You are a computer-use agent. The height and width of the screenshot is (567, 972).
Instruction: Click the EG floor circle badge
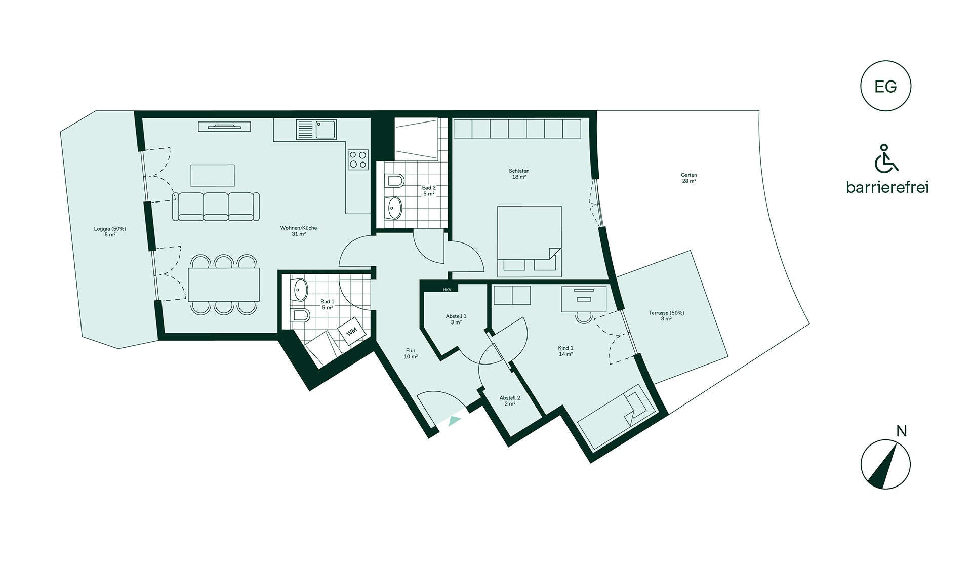pos(885,86)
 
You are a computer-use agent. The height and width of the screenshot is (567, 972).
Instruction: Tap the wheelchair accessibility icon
pos(886,158)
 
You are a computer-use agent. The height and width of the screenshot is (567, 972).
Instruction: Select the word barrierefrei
pos(887,187)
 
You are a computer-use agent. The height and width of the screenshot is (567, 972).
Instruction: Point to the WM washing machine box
pos(351,331)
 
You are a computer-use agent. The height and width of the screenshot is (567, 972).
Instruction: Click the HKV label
pos(447,290)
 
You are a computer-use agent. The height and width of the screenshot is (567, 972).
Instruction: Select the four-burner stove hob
pos(358,159)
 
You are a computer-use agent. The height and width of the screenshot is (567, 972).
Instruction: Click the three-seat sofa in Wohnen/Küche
pos(216,207)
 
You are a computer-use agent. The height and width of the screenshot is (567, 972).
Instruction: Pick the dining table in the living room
pos(224,285)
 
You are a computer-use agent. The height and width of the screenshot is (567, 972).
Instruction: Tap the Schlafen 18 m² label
pos(519,174)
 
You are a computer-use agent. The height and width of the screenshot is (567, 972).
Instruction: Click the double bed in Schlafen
pos(530,241)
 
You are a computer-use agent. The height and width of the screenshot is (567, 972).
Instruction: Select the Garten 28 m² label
pos(689,178)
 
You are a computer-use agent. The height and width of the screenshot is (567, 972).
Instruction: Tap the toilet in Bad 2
pos(394,180)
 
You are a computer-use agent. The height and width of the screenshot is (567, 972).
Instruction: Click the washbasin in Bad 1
pos(300,290)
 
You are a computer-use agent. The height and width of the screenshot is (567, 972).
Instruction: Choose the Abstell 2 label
pos(510,401)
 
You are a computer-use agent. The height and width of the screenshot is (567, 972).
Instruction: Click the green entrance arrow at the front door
pos(455,420)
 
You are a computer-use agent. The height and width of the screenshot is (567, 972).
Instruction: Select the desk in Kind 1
pos(584,299)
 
